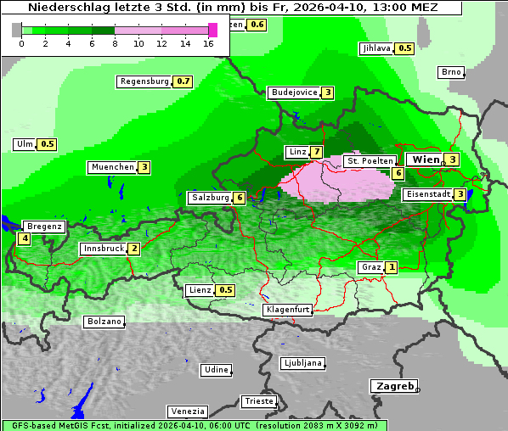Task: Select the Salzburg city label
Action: coord(210,198)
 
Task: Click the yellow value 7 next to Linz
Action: coord(316,152)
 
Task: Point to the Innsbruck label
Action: coord(103,249)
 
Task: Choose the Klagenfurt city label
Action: coord(287,310)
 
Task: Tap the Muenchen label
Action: coord(112,167)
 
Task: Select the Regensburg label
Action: coord(144,81)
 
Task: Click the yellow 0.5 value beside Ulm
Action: coord(47,144)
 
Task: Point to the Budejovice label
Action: coord(294,92)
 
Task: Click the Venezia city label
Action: coord(186,411)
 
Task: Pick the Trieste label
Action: coord(258,400)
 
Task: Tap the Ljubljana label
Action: coord(302,363)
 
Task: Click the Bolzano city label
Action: coord(104,322)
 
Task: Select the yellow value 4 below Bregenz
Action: coord(25,238)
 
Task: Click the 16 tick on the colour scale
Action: coord(208,42)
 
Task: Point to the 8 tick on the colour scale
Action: coord(115,42)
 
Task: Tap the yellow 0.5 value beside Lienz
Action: coord(225,290)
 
